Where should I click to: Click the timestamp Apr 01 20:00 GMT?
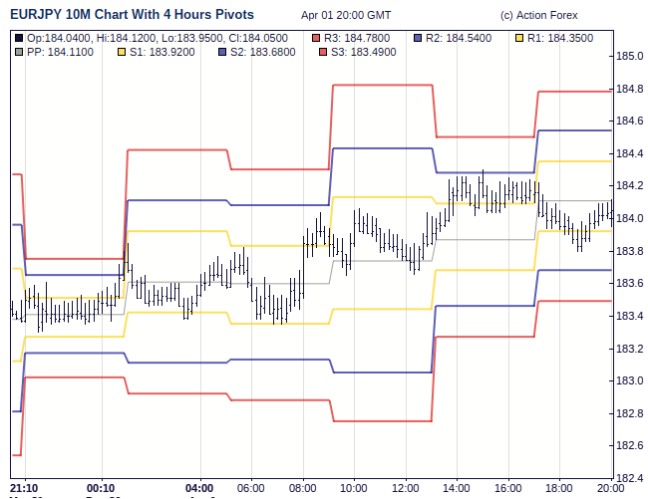point(346,16)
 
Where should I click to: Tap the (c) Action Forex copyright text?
point(538,16)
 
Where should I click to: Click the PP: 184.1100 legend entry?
point(60,51)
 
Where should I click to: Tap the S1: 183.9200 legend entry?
point(160,51)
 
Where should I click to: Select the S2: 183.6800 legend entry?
point(261,51)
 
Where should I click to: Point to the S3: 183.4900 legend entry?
point(362,51)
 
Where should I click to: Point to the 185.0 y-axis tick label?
point(630,56)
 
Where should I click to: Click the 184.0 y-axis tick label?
point(630,218)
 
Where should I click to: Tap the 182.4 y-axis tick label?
point(630,477)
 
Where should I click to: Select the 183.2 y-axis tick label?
point(630,348)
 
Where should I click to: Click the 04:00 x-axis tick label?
point(200,488)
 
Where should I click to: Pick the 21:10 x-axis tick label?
point(25,488)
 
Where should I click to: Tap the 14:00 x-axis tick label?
point(457,488)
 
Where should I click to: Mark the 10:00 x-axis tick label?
point(354,488)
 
